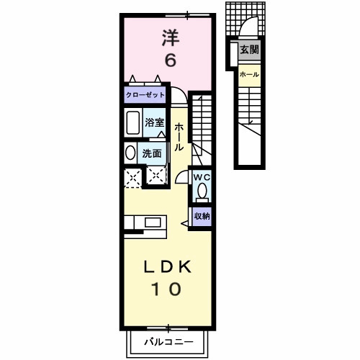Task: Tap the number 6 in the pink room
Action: coord(169,60)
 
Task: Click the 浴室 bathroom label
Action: coord(155,122)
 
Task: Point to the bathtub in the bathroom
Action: coord(133,124)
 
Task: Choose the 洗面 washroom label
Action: coord(152,153)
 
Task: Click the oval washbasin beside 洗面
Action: coord(130,153)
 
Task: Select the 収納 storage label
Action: coord(202,216)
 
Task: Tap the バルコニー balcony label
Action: coord(168,341)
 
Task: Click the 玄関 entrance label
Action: coord(249,50)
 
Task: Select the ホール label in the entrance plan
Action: coord(249,74)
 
